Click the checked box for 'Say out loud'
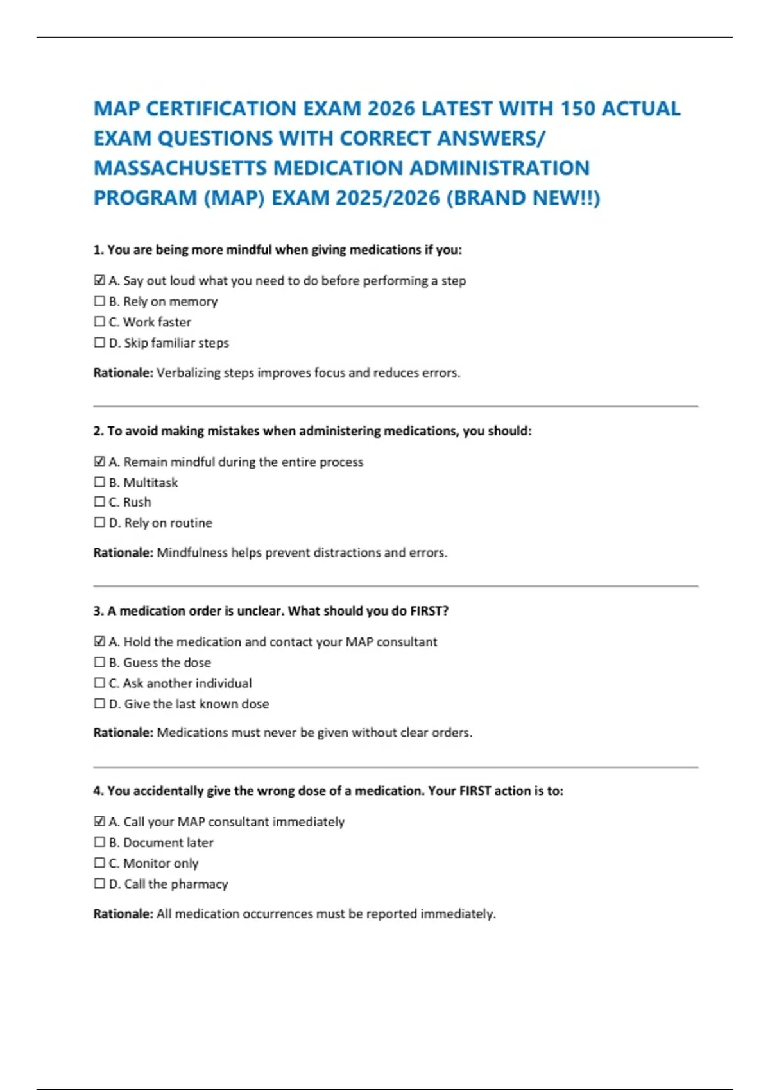tap(99, 280)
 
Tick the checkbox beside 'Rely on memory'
tap(99, 301)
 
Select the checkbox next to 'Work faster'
tap(99, 321)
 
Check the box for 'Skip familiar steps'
tap(99, 342)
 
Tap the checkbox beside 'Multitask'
tap(99, 482)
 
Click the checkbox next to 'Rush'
tap(99, 501)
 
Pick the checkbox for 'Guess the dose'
tap(99, 662)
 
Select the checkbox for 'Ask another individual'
tap(99, 683)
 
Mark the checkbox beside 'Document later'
tap(99, 842)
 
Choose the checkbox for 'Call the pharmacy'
tap(99, 884)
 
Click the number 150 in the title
tap(577, 108)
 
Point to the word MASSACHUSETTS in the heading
tap(180, 168)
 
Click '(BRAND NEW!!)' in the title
tap(523, 197)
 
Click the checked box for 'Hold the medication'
tap(99, 641)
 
